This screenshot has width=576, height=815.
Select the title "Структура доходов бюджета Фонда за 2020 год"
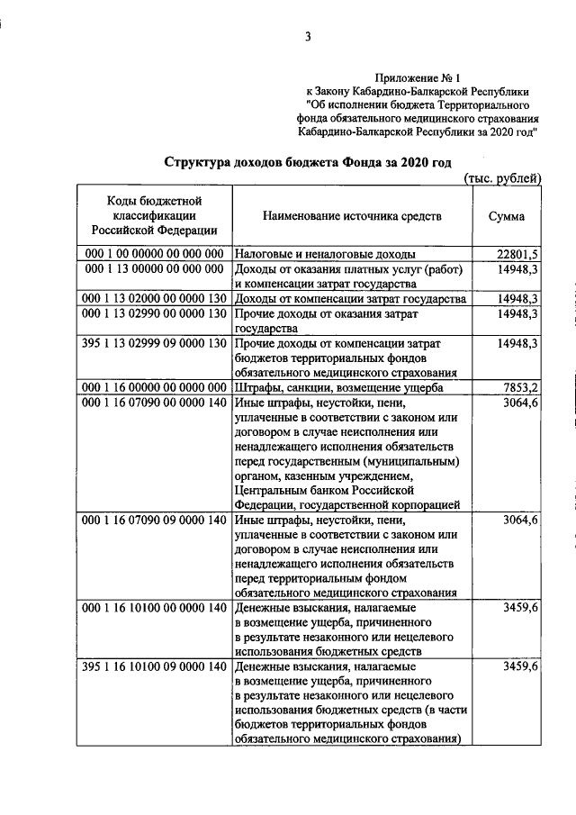[307, 161]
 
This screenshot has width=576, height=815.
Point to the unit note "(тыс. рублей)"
[501, 178]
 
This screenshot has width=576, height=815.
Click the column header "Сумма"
[507, 217]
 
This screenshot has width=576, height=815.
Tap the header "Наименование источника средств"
[352, 217]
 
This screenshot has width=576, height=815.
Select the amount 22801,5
[517, 254]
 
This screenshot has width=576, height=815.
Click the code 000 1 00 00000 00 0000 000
[153, 254]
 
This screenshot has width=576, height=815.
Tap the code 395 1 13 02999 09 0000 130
[153, 344]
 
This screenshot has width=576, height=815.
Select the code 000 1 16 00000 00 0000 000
[153, 388]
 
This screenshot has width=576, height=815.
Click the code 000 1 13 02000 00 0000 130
[153, 299]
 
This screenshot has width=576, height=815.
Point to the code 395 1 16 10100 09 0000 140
[153, 667]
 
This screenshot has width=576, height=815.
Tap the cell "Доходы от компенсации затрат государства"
[349, 299]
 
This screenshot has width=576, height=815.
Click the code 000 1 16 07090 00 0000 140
[153, 403]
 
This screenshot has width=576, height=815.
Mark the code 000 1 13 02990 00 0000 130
[153, 314]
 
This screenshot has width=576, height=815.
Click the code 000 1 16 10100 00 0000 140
[153, 608]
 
